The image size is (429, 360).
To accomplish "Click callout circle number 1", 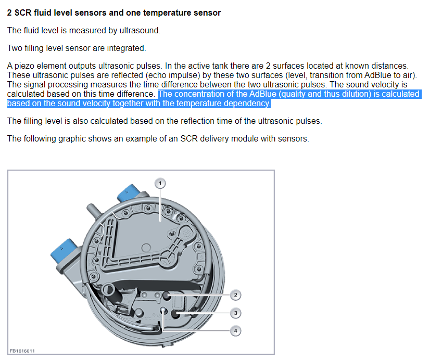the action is (160, 183).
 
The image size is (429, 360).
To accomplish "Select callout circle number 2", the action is (235, 295).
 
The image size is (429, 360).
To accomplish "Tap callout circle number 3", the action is (235, 313).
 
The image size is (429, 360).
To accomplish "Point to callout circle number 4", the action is (235, 331).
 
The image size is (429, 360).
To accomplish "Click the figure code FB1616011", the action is (22, 351).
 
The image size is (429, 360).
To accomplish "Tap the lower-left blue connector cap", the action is (64, 252).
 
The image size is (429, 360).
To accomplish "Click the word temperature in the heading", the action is (164, 13).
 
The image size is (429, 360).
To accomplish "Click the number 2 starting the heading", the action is (9, 13).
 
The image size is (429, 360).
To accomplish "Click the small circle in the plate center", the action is (146, 248).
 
